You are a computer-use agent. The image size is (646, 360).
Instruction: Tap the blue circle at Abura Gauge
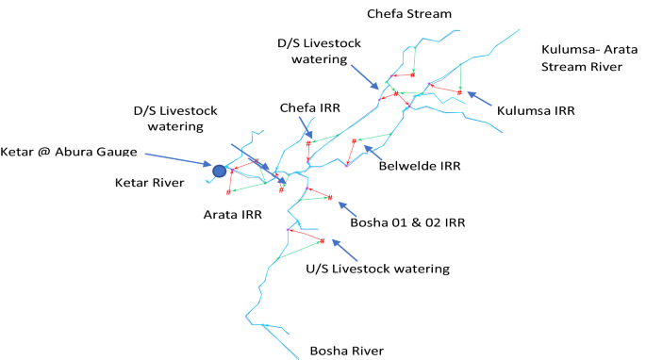[220, 171]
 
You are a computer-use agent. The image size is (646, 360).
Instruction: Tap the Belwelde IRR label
[419, 166]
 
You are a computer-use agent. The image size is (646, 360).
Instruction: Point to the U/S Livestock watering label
[377, 269]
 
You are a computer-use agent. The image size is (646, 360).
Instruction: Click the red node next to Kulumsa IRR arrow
[459, 92]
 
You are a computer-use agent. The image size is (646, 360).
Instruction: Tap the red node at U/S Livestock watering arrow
[323, 239]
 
